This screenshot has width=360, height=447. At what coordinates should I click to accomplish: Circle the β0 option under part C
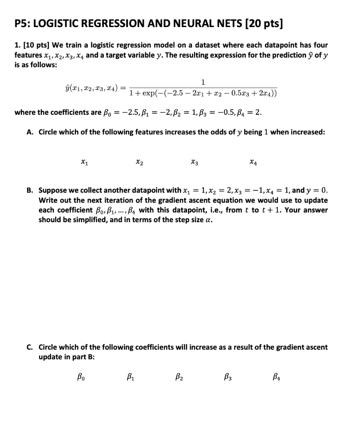coord(81,376)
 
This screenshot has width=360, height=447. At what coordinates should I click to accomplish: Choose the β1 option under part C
coord(130,376)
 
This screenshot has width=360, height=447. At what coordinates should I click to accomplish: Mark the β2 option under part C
coord(178,376)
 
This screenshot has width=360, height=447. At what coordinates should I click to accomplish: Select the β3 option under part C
coord(227,376)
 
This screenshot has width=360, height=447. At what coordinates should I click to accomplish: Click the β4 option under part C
coord(276,376)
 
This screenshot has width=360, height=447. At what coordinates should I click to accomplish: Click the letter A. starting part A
coord(30,133)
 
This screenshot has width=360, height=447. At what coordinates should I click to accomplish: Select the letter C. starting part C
coord(30,347)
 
